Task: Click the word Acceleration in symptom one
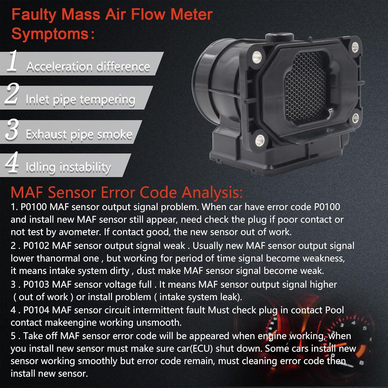point(59,67)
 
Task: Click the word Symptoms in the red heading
point(50,34)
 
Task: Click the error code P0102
point(36,246)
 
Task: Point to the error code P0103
point(36,285)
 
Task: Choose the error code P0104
point(36,310)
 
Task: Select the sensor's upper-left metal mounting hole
point(257,56)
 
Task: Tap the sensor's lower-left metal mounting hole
point(260,140)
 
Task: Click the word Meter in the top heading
point(191,14)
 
